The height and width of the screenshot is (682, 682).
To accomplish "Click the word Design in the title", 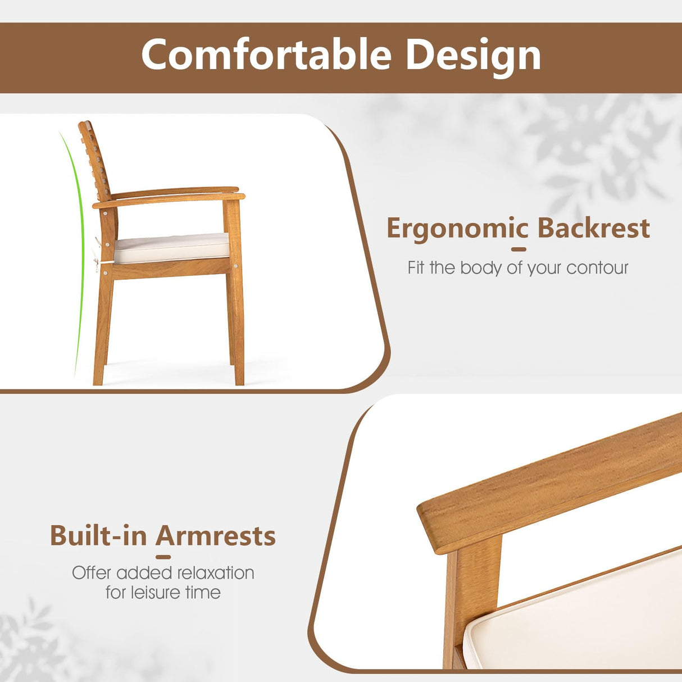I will tap(472, 56).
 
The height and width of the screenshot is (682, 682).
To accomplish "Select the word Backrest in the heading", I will tap(593, 228).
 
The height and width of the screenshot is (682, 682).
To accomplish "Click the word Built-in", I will tap(98, 535).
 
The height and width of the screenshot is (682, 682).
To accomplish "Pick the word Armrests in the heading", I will tap(216, 535).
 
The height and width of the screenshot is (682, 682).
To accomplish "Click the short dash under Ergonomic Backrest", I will tap(519, 249).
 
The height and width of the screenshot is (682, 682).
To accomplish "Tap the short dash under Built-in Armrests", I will tap(163, 557).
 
